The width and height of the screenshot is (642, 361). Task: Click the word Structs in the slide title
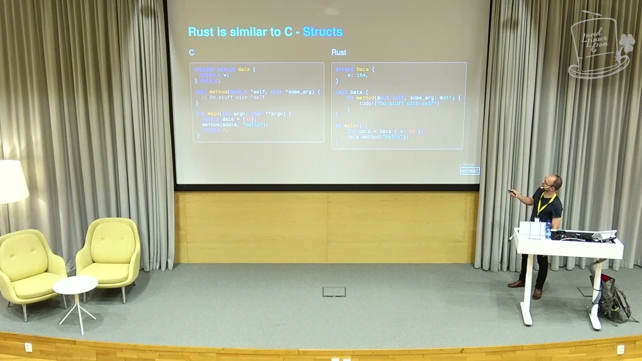coord(323,32)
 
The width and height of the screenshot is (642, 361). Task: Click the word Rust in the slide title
coord(200,32)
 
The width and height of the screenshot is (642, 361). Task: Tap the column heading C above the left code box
coord(192,52)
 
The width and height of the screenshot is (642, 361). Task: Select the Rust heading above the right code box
coord(339,52)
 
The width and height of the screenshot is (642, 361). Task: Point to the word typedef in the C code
coord(204,69)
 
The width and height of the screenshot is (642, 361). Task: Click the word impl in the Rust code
coord(341,92)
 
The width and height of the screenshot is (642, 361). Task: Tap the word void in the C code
coord(200,92)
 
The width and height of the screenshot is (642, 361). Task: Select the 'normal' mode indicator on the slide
coord(470,171)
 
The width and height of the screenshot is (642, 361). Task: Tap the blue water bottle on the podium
coord(548,228)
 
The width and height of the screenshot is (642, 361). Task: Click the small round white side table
coord(75,285)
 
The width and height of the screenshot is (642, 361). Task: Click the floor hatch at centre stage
coord(334,292)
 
